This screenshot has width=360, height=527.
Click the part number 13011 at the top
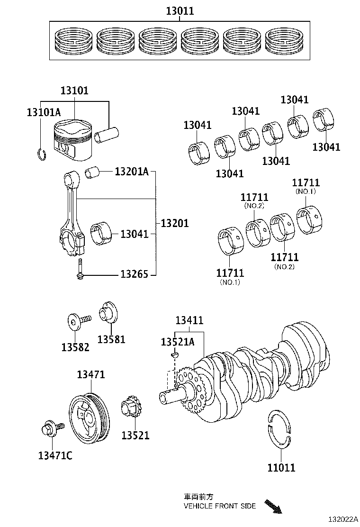point(180,10)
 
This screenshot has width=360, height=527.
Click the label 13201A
point(131,172)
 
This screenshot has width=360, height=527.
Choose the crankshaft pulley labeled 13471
point(90,416)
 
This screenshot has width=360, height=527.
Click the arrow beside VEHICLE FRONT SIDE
point(273,506)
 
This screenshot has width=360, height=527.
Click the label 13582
point(75,347)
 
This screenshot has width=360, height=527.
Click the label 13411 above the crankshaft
point(189,320)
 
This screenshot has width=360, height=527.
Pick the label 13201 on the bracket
point(174,223)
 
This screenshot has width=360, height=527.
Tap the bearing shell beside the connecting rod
point(101,234)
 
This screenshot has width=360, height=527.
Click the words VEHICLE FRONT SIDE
point(219,506)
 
